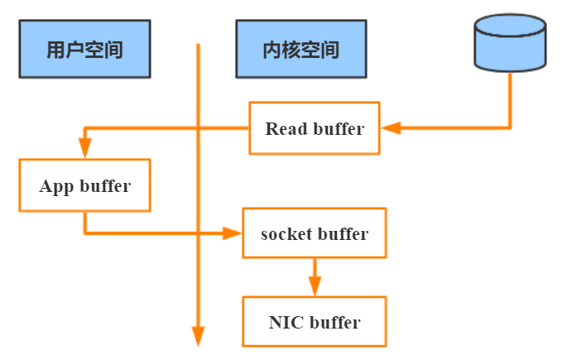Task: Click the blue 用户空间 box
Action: [x=84, y=50]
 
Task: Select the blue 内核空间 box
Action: [x=299, y=50]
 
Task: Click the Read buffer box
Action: [x=315, y=128]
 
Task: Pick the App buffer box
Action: [x=84, y=185]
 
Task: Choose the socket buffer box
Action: [x=314, y=233]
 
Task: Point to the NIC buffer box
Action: [x=314, y=322]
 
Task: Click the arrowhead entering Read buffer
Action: [x=389, y=128]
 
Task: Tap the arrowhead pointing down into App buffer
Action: [x=84, y=150]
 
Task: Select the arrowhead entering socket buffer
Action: [x=233, y=233]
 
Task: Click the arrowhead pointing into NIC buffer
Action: [x=314, y=286]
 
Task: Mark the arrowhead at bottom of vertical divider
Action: [x=198, y=335]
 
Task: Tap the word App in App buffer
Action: [x=56, y=185]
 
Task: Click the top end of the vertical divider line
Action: [x=198, y=45]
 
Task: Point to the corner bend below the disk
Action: [x=510, y=128]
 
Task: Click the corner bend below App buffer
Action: [x=84, y=233]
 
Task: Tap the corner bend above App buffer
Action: [x=84, y=128]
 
